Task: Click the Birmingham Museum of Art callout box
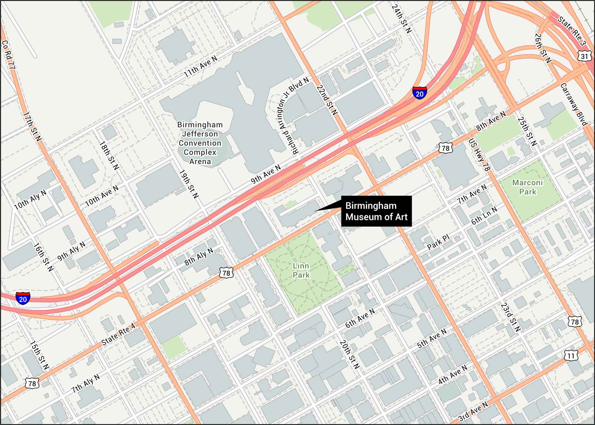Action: click(376, 211)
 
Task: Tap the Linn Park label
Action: click(301, 270)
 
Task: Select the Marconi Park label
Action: click(527, 187)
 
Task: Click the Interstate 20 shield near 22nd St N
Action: click(419, 93)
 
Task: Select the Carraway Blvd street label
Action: click(574, 105)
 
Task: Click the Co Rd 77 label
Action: click(8, 55)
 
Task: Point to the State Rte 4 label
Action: click(118, 334)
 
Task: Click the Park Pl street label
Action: click(438, 242)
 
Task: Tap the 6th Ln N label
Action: click(484, 215)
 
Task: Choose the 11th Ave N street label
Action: click(201, 67)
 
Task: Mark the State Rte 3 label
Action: click(571, 31)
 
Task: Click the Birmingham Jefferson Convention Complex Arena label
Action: click(200, 143)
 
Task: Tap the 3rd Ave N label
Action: click(473, 411)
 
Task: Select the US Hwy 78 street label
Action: click(479, 155)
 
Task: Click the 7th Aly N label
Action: click(86, 384)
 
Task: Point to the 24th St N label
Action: click(401, 18)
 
